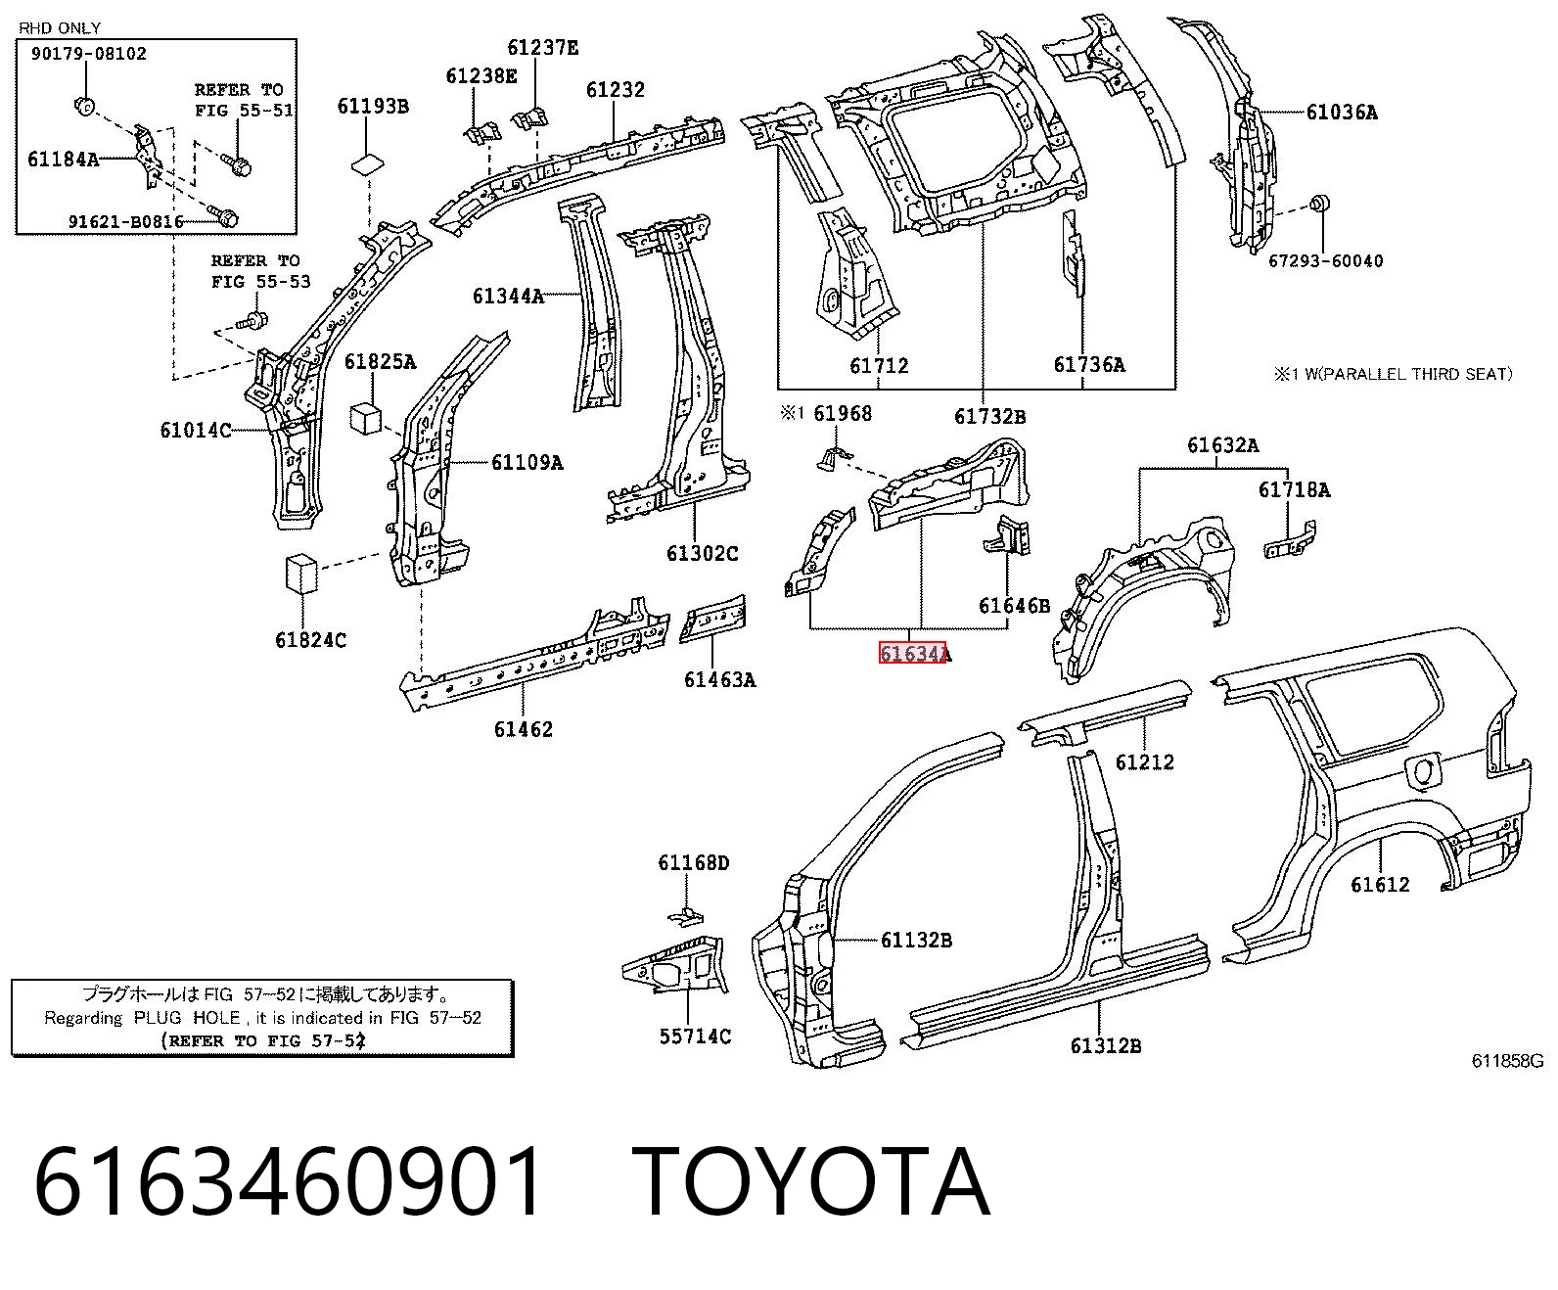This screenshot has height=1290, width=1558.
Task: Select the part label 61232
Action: click(615, 90)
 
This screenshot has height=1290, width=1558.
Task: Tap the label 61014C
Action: click(196, 430)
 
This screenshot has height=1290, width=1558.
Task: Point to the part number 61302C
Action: click(702, 553)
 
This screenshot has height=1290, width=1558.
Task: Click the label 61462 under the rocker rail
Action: click(523, 729)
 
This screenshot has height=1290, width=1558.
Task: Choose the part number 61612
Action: click(1380, 885)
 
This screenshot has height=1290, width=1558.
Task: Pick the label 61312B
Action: click(1105, 1046)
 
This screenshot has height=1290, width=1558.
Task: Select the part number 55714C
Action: click(695, 1037)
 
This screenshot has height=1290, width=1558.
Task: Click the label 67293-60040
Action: click(1326, 261)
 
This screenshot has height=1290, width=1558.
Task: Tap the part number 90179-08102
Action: click(89, 54)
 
